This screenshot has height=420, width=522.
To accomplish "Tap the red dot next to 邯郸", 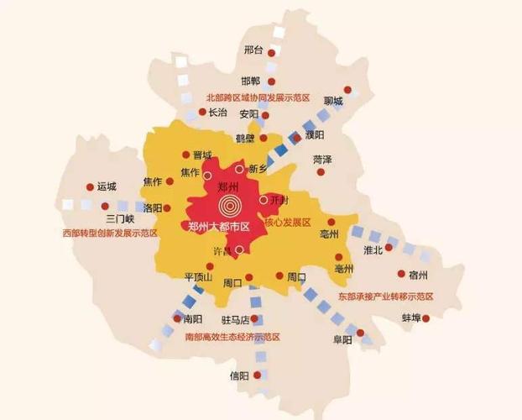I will [x=272, y=81].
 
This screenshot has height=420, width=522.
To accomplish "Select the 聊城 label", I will [x=333, y=102].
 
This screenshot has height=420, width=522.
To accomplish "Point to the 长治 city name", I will [x=217, y=113].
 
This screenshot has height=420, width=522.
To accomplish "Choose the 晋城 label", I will [x=202, y=155].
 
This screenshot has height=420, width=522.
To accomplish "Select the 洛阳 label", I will [x=153, y=207].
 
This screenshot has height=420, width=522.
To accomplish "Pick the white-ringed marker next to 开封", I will [x=264, y=200].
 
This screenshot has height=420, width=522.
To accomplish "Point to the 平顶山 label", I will [x=198, y=276].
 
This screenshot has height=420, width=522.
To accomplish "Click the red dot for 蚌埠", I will [x=425, y=318].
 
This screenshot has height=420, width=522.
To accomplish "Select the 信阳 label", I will [x=239, y=375].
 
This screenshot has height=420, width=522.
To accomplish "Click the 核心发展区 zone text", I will [x=288, y=223].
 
